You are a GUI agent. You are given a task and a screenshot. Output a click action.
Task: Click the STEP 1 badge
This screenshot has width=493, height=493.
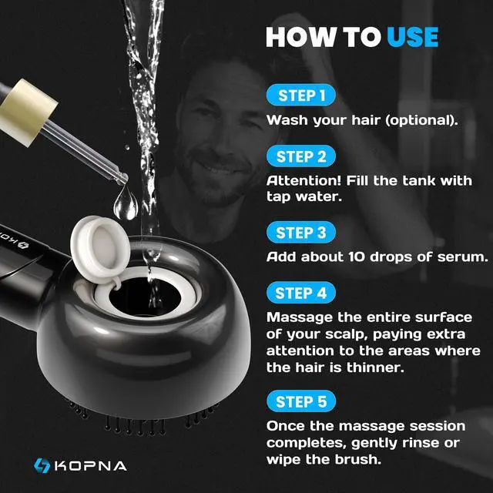(301, 95)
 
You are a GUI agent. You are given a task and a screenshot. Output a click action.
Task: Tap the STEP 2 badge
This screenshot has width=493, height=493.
(301, 156)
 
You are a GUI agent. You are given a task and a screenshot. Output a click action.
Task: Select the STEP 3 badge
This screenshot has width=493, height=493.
(301, 233)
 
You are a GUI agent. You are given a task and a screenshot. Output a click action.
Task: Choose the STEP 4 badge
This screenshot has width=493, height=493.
(301, 293)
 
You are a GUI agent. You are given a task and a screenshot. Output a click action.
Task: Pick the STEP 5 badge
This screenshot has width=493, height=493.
(301, 401)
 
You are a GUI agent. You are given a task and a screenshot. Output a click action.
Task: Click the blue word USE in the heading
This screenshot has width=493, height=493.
(413, 37)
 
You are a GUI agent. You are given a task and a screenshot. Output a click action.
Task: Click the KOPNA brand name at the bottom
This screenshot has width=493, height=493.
(91, 466)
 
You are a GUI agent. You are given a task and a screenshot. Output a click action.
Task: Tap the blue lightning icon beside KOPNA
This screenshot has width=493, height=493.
(42, 465)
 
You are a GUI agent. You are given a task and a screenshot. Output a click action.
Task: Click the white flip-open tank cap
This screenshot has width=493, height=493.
(100, 249)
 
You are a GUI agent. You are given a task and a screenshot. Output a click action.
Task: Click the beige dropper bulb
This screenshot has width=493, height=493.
(28, 112)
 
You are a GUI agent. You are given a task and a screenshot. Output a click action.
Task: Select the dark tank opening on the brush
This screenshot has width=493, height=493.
(145, 297)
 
